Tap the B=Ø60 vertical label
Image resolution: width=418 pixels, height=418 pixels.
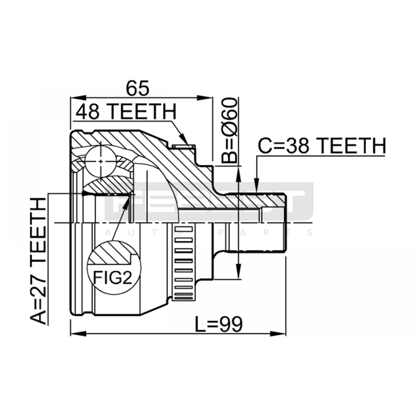[229, 130]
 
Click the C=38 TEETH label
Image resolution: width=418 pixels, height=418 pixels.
[322, 146]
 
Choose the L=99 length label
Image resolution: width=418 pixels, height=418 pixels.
[219, 324]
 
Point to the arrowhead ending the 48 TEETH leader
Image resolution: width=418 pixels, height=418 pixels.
[184, 140]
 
